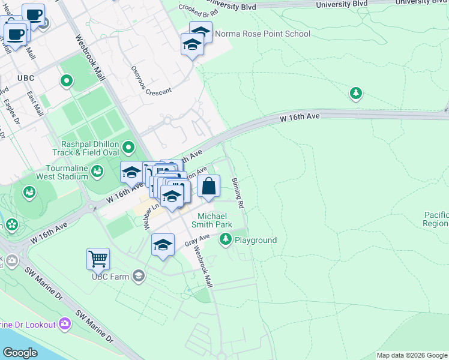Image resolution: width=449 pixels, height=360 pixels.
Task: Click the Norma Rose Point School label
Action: tap(262, 34)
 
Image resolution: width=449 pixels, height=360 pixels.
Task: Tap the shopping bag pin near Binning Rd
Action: tap(208, 187)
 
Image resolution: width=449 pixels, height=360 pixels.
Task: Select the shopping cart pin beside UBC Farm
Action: tap(98, 260)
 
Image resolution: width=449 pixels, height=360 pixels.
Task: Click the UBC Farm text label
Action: tap(110, 277)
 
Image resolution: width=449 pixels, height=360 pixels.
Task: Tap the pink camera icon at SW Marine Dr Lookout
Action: tap(65, 325)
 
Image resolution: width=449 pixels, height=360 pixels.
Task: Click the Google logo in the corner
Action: tap(20, 352)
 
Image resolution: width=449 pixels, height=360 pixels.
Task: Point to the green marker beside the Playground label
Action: tap(226, 240)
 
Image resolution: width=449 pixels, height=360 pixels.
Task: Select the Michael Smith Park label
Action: tap(211, 220)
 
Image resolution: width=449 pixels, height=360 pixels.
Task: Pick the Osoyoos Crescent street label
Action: tap(151, 80)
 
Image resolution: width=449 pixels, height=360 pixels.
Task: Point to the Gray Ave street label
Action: tap(196, 241)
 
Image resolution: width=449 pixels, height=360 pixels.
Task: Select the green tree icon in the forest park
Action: tap(356, 93)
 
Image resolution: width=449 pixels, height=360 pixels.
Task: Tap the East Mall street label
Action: tap(35, 104)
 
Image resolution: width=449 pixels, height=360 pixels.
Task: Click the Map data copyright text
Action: tap(412, 355)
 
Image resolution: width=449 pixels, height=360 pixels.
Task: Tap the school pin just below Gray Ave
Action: tap(163, 246)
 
